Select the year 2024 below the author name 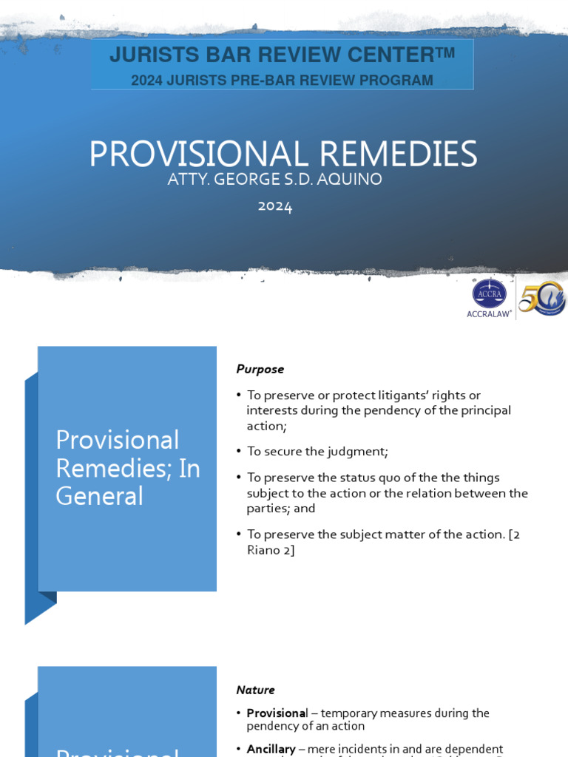coord(275,206)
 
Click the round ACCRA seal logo coord(489,293)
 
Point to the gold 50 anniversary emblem coord(542,299)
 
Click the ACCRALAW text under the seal coord(489,313)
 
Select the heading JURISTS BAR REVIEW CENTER coord(282,54)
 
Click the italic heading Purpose coord(260,369)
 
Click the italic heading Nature coord(255,690)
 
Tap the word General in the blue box coord(99,495)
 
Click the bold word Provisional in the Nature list coord(276,713)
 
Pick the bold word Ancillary coord(271,749)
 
